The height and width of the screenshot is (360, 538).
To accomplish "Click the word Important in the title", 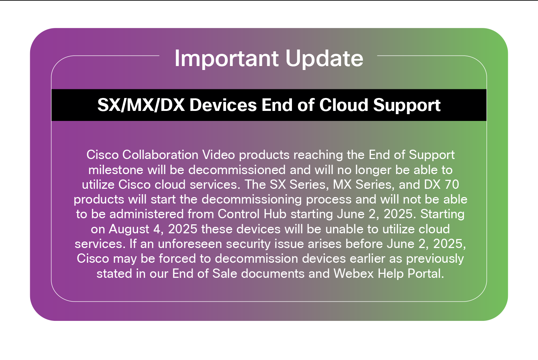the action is [226, 59].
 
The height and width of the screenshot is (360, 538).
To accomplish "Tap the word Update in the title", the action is [324, 59].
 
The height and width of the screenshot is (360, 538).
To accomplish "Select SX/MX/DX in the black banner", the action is [141, 105].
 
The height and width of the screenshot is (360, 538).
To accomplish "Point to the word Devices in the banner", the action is [223, 105].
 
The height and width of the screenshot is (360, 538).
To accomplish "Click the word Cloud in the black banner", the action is [344, 105].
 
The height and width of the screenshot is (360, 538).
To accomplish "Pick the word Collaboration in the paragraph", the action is [160, 155].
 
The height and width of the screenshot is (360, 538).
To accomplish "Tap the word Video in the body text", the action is [218, 155].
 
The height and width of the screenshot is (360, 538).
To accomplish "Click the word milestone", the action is [116, 170].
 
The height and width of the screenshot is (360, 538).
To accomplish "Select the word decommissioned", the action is [237, 170].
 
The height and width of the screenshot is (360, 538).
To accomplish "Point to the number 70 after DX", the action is [452, 184].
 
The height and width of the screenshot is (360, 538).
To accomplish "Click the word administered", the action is [146, 214].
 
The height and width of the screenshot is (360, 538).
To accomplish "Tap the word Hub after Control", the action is [275, 214].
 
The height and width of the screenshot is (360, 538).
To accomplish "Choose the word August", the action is [129, 229].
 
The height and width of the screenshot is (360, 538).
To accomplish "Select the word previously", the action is [435, 259].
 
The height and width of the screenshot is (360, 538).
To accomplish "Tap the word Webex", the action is [354, 273].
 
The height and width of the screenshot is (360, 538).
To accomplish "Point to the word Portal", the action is [411, 273].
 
